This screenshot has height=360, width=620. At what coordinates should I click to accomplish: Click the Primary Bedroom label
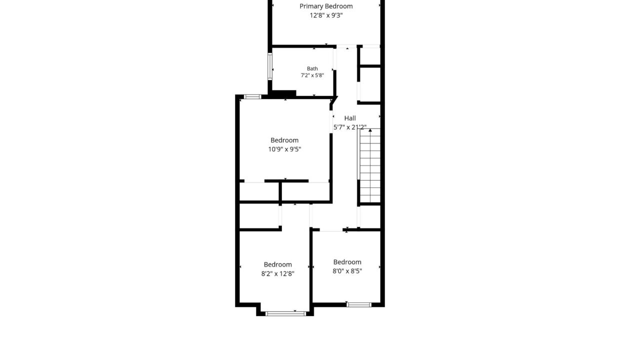326,6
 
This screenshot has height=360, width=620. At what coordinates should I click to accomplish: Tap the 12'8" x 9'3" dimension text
326,15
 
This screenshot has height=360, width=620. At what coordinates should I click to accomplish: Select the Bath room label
312,68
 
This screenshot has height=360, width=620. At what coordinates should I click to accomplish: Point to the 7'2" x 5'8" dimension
312,75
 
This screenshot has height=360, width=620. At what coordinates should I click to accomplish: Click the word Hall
350,118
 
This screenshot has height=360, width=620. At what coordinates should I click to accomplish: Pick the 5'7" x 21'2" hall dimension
350,127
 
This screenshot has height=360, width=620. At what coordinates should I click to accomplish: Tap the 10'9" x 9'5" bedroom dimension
284,149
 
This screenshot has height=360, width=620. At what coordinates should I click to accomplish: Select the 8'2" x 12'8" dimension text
277,273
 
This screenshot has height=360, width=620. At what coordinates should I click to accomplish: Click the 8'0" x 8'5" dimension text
347,271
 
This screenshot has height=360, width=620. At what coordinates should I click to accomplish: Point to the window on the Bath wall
270,66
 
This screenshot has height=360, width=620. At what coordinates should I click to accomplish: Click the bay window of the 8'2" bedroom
285,313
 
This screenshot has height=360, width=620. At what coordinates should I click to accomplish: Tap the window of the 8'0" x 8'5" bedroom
358,304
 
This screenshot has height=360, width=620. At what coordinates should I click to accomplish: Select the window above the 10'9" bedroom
252,97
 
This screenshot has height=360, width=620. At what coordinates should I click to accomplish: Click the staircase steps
370,165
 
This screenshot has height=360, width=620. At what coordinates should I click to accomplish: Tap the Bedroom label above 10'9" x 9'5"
284,140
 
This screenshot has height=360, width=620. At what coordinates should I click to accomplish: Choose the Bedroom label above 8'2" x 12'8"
277,264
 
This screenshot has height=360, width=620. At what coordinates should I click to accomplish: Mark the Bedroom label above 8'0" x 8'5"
347,262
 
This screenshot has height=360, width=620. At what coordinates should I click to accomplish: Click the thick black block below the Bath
283,93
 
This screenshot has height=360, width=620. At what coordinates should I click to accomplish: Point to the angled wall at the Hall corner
334,100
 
